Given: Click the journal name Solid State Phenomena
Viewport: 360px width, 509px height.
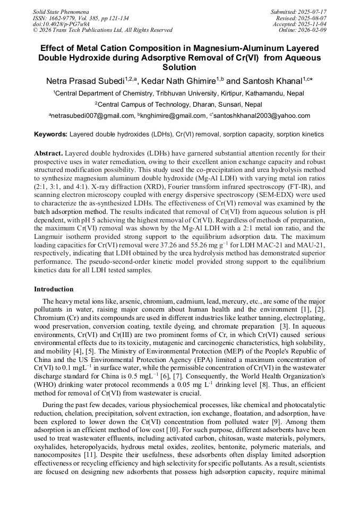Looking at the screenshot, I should (61, 11).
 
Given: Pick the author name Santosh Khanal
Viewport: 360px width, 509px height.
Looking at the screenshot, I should (273, 81).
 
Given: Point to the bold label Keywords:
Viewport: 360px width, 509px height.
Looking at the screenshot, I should (50, 135).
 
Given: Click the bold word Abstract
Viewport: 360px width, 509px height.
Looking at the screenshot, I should (48, 152).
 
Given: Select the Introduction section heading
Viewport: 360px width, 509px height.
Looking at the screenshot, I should (54, 289).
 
